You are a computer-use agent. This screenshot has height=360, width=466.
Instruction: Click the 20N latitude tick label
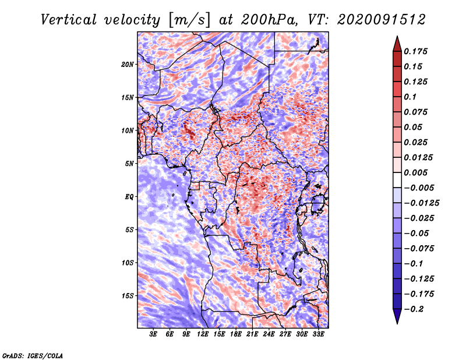(128, 64)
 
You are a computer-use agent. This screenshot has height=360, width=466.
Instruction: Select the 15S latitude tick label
(128, 296)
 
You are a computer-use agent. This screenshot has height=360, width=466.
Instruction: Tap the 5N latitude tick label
(129, 164)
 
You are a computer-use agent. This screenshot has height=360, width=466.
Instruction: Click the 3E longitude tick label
(154, 335)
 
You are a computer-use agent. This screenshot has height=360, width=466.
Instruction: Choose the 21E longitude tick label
(252, 335)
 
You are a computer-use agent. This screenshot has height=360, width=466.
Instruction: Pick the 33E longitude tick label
(318, 335)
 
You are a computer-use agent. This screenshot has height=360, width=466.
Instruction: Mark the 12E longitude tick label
(203, 335)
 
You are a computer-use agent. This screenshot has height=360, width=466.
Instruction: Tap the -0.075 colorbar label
(419, 248)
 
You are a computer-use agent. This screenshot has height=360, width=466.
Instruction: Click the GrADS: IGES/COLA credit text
(32, 355)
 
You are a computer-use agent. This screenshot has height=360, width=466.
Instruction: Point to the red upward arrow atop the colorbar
(397, 43)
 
